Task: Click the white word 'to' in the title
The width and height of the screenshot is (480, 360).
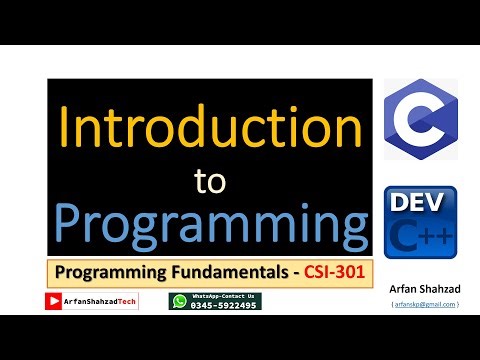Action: click(209, 181)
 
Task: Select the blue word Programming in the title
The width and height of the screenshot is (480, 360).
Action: click(209, 225)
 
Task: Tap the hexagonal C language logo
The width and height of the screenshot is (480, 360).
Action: click(420, 119)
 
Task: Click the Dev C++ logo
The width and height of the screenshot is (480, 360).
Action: click(420, 222)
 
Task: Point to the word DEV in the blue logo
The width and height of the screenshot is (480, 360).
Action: click(420, 204)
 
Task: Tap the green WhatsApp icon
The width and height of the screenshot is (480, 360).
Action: click(179, 301)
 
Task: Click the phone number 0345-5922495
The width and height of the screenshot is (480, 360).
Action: click(224, 305)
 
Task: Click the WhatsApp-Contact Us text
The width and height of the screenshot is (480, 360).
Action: click(224, 296)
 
